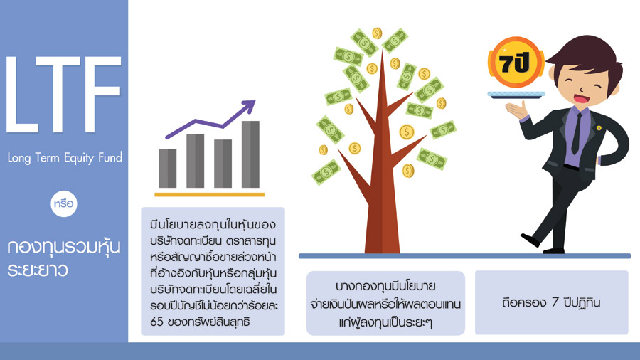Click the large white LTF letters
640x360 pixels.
64,95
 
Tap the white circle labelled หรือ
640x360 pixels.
64,203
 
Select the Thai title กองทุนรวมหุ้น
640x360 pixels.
64,247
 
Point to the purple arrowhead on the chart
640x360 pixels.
248,106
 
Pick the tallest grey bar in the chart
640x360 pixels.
250,154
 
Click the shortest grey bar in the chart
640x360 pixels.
167,168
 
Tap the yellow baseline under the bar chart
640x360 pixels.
209,195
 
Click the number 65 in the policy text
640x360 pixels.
156,322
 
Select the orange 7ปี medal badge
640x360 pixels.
516,63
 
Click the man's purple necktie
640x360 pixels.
577,132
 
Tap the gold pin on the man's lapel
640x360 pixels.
599,128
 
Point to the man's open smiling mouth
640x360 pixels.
582,99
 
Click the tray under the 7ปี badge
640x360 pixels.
516,95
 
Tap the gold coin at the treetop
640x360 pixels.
377,33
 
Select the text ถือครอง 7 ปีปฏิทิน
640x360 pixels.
551,302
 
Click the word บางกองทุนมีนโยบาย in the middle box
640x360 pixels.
385,286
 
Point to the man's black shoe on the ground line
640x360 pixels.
530,240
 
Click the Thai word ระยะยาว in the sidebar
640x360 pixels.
38,270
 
